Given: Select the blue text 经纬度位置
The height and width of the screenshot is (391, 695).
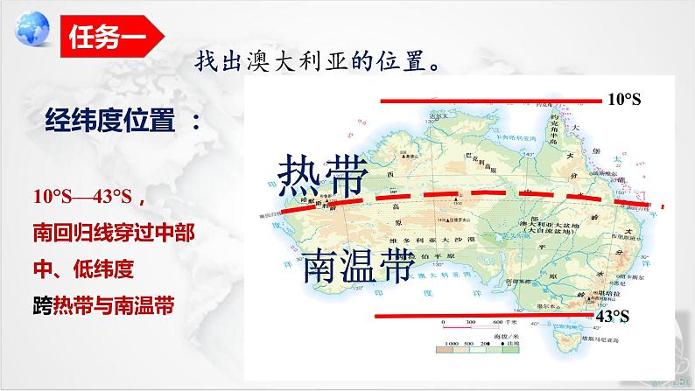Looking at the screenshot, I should click(x=122, y=124).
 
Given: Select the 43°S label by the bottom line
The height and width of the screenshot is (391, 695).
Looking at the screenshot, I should click(x=613, y=316).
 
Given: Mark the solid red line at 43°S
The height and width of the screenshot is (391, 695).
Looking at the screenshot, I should click(x=481, y=314).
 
